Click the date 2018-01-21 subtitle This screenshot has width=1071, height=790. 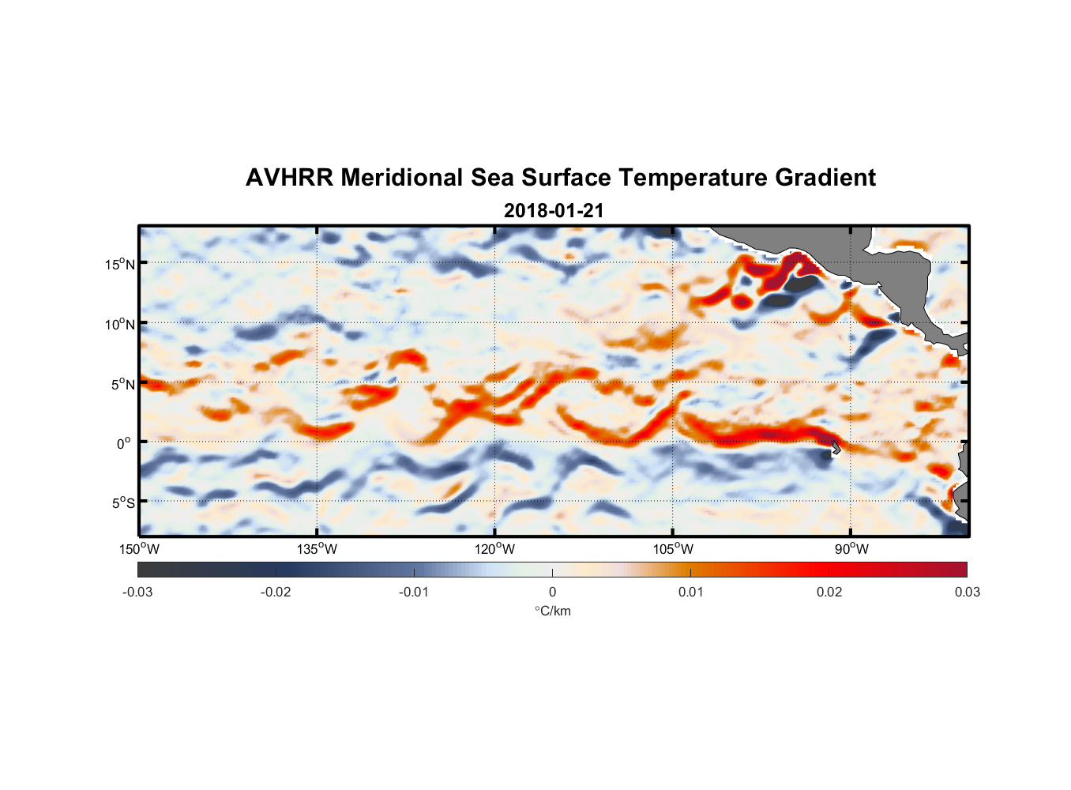[x=554, y=211]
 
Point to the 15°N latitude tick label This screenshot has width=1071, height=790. [x=120, y=264]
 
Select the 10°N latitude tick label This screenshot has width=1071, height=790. [x=120, y=324]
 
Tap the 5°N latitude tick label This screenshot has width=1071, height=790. [x=122, y=384]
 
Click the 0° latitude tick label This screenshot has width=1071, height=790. [x=124, y=444]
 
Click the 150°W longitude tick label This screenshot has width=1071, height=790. [x=139, y=549]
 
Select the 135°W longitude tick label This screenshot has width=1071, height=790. [x=317, y=549]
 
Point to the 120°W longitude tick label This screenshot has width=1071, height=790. [x=495, y=549]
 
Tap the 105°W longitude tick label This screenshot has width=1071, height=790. [x=673, y=549]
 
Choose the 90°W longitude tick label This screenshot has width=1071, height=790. [x=851, y=549]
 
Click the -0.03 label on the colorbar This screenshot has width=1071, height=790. [x=137, y=592]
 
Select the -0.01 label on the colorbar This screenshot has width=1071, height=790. [x=414, y=592]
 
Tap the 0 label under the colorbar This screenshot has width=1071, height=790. [x=552, y=592]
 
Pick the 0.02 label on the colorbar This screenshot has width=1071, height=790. [x=829, y=592]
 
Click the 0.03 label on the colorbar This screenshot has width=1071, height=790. [x=968, y=592]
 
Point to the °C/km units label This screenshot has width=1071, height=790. [x=553, y=611]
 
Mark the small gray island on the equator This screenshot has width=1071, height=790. [x=836, y=447]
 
